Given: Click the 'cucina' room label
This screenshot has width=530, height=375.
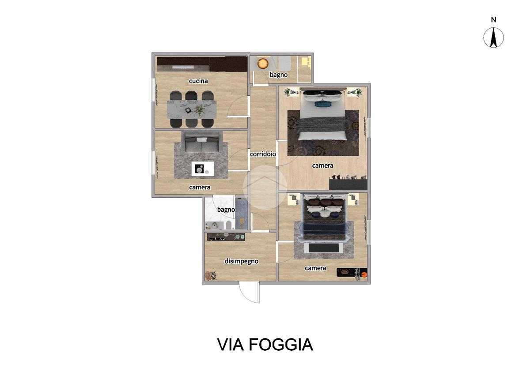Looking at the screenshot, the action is click(198, 81).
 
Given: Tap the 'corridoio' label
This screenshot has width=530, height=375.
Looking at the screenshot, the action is click(263, 154).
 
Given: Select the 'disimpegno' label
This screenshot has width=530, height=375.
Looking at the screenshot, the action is click(241, 261).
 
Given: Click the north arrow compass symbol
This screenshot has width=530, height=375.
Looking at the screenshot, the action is click(493, 37).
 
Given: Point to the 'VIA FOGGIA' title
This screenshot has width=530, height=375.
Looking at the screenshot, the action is click(265, 345).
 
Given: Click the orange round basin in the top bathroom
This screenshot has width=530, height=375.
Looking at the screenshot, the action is click(263, 64).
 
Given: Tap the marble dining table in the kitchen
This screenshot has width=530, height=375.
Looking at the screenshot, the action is click(192, 109).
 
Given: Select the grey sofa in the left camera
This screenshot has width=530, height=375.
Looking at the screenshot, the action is click(201, 142).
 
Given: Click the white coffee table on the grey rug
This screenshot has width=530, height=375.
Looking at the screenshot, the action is click(203, 169).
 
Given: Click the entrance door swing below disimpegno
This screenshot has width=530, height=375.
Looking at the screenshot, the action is click(250, 292).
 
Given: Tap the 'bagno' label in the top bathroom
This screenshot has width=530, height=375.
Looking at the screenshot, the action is click(279, 75).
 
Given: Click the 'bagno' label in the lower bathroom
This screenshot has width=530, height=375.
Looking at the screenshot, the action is click(226, 210).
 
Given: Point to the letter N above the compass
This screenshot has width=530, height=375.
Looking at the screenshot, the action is click(494, 19).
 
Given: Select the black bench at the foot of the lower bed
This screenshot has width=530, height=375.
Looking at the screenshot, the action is click(323, 248).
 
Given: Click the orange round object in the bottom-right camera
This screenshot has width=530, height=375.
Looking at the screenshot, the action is click(364, 274).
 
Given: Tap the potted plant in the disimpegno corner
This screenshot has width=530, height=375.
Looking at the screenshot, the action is click(211, 276).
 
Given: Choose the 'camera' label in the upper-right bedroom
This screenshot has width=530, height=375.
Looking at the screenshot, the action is click(322, 165).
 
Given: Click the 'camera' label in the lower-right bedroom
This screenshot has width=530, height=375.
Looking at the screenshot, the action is click(315, 268).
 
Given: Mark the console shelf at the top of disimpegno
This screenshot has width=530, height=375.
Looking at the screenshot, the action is click(226, 237).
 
